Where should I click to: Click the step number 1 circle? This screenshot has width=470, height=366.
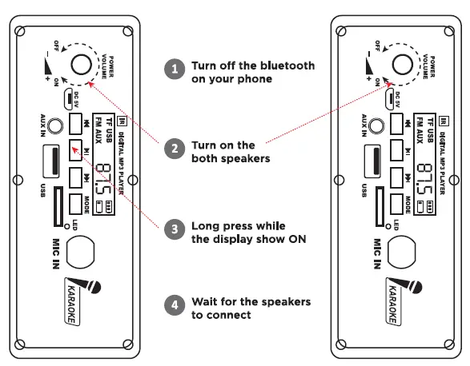(174, 70)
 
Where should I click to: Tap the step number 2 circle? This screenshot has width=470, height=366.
(174, 149)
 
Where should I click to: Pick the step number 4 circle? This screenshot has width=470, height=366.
(174, 304)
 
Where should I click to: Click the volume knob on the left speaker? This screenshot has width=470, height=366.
(81, 65)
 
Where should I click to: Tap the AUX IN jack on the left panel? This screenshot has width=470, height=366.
(54, 125)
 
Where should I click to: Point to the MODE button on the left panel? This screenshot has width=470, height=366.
(77, 202)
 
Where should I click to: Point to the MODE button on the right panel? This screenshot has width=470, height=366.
(397, 202)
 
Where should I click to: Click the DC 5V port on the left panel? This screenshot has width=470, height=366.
(70, 98)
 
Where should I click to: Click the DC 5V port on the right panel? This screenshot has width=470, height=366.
(390, 98)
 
